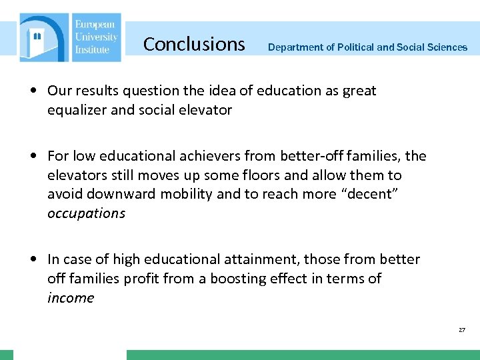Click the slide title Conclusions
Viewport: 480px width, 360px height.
click(x=194, y=44)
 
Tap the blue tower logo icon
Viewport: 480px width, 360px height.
click(x=43, y=38)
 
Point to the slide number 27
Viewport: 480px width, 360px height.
click(x=462, y=330)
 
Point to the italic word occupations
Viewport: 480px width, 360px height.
click(x=86, y=213)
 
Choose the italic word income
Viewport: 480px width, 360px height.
click(x=71, y=297)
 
